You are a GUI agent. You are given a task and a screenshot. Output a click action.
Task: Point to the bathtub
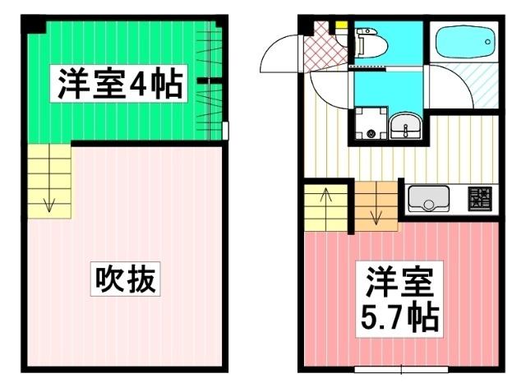pos(464,39)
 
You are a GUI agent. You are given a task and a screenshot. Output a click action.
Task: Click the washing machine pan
pos(370,125)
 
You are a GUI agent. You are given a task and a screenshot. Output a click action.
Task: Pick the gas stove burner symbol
pos(480,198)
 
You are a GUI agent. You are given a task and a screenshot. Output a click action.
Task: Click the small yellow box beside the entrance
pos(339,25)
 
